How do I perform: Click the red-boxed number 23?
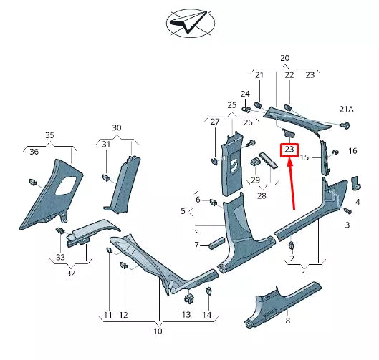tap(289, 150)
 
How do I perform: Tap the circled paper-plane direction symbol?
tap(190, 24)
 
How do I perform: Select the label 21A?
tap(347, 109)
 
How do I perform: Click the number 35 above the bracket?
tap(49, 135)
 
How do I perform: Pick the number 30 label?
tap(117, 127)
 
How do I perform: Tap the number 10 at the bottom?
tap(158, 331)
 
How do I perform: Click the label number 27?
tap(214, 122)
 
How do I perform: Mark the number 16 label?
tap(352, 151)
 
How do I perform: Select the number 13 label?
tap(186, 315)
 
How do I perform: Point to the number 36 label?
tap(34, 151)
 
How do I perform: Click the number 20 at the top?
tap(284, 57)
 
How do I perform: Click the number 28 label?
tap(262, 195)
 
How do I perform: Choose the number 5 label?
tap(183, 212)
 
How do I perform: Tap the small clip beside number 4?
tap(355, 184)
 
